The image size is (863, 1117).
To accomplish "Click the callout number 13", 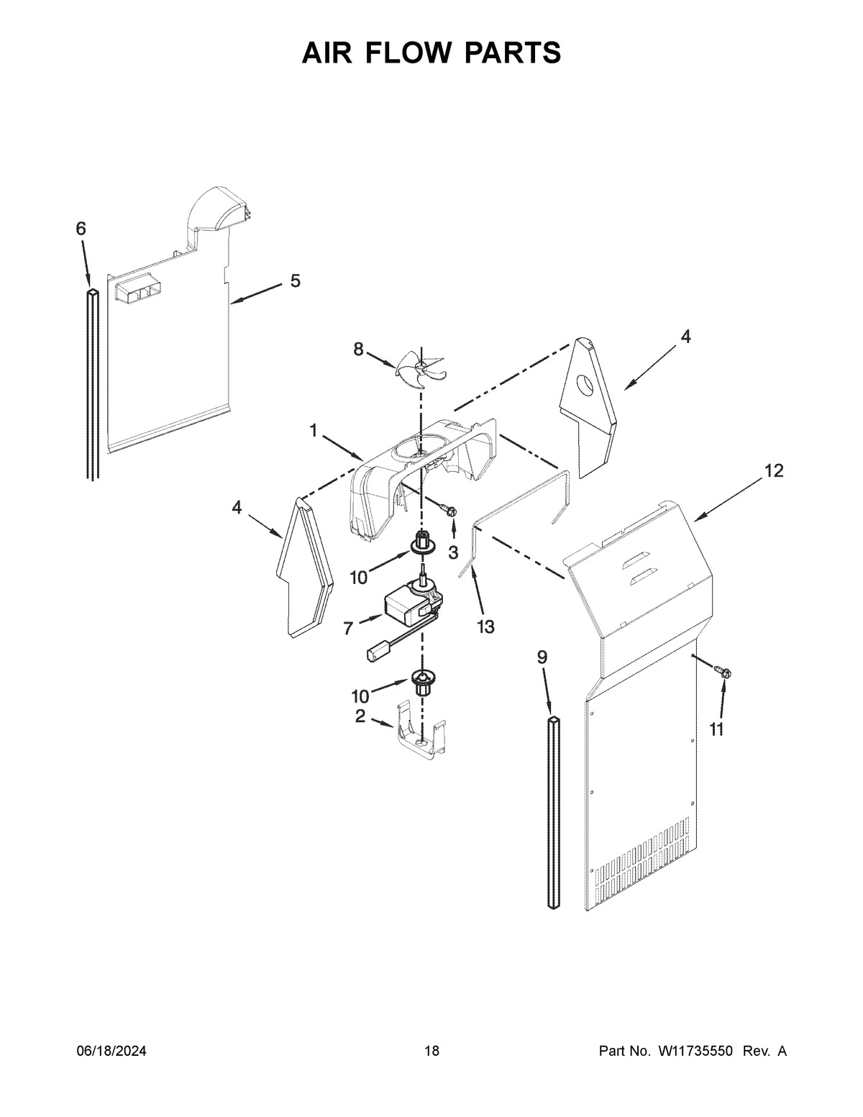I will (x=485, y=627).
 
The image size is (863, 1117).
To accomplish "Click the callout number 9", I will (x=542, y=657).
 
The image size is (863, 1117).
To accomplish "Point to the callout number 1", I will (x=314, y=430).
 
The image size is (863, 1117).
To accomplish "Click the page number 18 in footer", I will (x=431, y=1052).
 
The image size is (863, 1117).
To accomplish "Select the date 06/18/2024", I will (x=111, y=1052).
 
